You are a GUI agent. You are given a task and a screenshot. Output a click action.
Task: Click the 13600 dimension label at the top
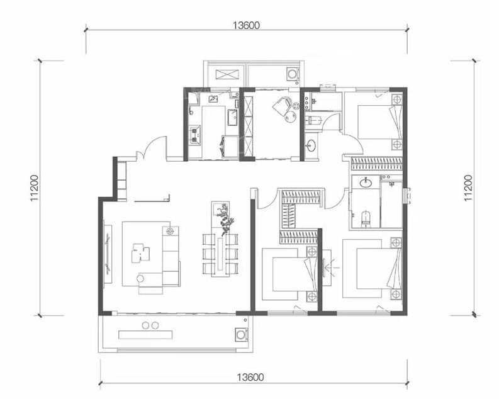pos(246,25)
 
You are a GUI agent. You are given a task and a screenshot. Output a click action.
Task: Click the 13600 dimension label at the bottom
pos(250,377)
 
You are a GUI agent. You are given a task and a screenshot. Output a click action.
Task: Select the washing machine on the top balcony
pos(293,74)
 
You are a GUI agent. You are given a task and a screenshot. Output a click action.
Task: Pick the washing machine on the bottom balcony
pos(241,334)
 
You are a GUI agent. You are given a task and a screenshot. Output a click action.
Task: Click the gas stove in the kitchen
pos(196,134)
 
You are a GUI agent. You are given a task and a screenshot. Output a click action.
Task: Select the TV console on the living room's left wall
pos(108,254)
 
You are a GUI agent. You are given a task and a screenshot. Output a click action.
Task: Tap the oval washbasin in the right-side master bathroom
pos(366,183)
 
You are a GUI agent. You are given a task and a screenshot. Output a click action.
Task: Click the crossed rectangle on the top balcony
pos(227,74)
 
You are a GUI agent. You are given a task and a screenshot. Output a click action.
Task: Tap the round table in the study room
pos(290,118)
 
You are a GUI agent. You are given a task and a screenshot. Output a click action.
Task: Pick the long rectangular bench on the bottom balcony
pos(145,334)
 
